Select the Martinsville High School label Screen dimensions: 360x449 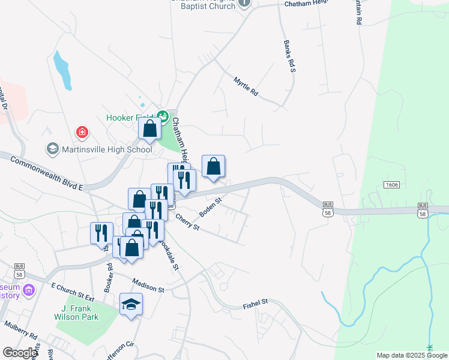tap(106, 149)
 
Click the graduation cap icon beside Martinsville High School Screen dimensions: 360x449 tap(52, 148)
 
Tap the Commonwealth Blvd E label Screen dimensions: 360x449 tap(46, 173)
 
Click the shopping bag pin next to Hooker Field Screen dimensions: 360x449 tap(149, 128)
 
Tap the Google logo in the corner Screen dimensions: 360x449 tap(19, 353)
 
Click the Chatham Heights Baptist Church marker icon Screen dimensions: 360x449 tap(244, 4)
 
